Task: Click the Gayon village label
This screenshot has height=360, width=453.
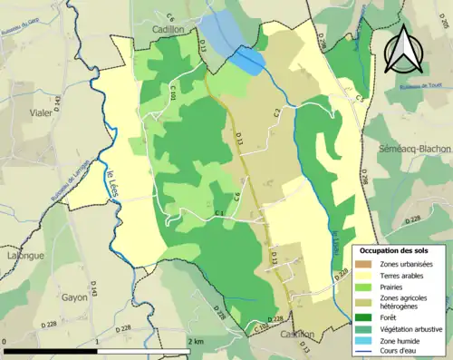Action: coord(74,297)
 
